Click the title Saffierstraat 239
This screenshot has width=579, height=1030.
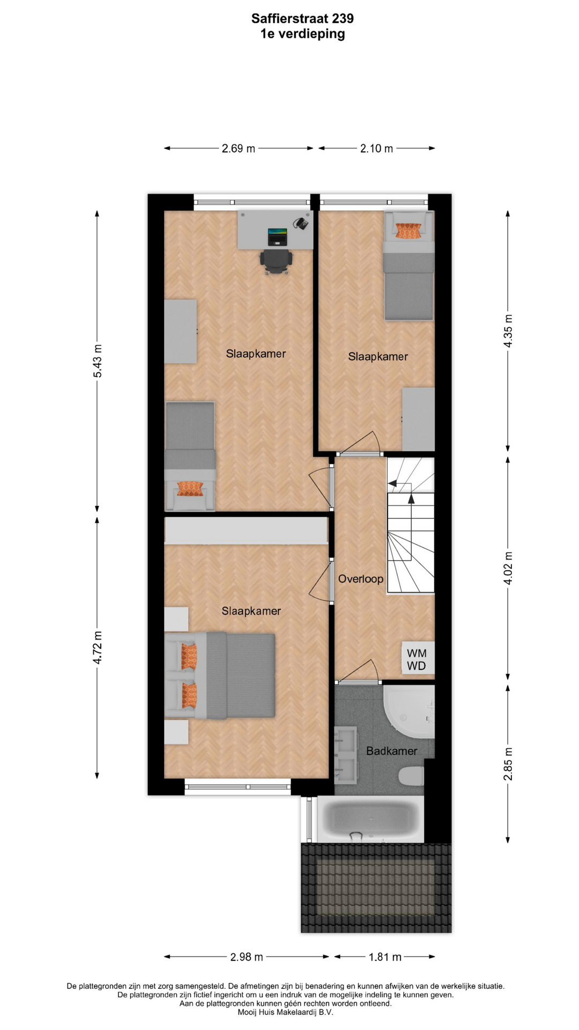tap(302, 19)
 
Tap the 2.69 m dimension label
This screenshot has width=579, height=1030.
tap(239, 149)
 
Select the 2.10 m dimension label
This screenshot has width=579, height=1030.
tap(376, 149)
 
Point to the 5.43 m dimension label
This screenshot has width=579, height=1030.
tap(98, 361)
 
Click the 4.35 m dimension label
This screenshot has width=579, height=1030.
tap(508, 331)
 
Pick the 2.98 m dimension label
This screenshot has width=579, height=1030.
tap(247, 957)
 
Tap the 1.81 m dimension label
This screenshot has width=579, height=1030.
tap(385, 957)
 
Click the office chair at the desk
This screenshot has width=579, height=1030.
tap(277, 261)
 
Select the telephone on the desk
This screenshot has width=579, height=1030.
tap(301, 223)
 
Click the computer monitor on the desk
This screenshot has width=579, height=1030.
tap(278, 237)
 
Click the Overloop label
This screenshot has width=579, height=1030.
tap(361, 579)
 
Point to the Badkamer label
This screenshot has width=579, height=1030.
tap(391, 751)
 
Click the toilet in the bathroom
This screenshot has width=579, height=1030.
tap(412, 776)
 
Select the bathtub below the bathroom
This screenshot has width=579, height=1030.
tap(371, 819)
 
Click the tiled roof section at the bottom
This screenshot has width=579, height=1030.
tap(376, 888)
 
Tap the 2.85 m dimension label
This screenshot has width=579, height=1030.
tap(508, 763)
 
